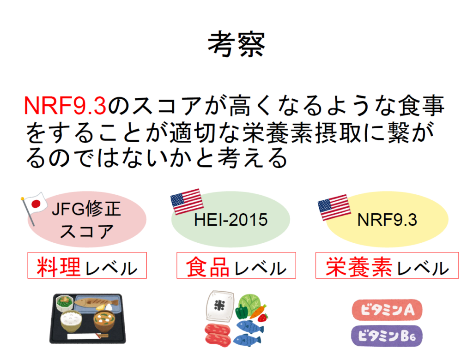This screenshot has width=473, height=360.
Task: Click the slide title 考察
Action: pos(236,44)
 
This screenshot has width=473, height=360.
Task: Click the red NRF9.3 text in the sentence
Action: pos(65,106)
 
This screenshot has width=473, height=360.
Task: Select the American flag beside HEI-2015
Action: pos(187,201)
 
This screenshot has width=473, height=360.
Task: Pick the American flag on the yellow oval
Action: pos(334,207)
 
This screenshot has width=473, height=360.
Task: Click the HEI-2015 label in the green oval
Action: pos(231,220)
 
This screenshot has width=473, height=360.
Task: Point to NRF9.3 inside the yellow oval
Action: pos(387,220)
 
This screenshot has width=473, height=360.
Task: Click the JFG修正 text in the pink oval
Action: pos(86,209)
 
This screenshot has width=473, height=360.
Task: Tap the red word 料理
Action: pos(59,267)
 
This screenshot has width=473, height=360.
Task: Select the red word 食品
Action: pos(207,267)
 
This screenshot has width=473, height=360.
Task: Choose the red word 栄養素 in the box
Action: pos(359,267)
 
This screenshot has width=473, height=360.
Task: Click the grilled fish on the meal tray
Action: pos(97,302)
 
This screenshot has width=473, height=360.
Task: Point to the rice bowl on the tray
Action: pos(71,321)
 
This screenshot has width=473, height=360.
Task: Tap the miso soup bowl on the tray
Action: pos(104,321)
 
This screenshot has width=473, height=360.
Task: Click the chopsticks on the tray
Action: pos(87,336)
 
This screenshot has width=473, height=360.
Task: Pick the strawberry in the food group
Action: pos(262,317)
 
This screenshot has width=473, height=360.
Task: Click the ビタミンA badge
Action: pos(387,310)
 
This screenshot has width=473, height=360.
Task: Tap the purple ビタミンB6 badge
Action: pos(387,336)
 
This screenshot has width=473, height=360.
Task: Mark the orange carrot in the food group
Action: pos(258,312)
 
